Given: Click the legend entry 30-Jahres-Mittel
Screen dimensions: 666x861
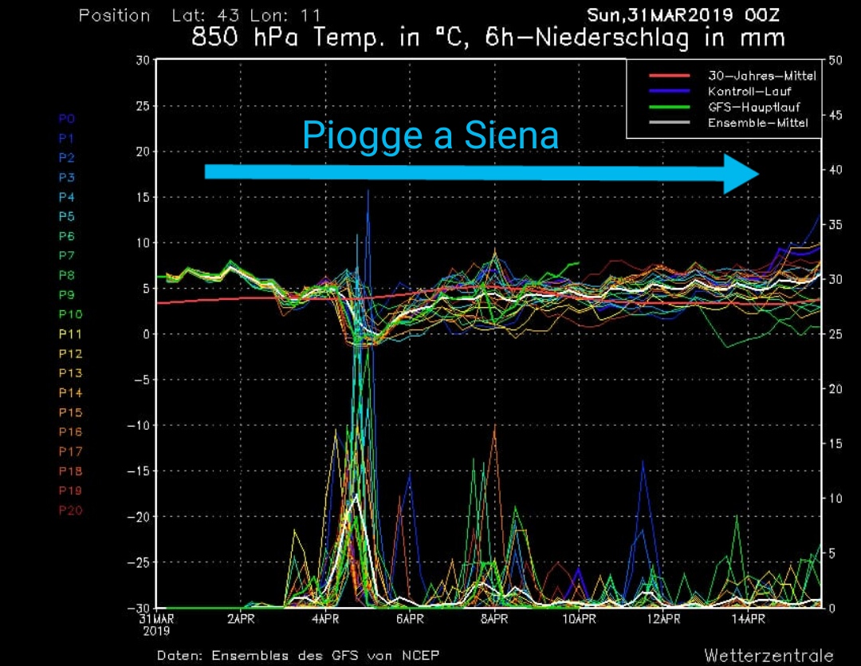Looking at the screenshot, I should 761,77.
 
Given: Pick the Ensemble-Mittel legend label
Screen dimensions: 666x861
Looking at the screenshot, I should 757,122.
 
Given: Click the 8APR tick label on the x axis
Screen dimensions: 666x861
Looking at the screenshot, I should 494,619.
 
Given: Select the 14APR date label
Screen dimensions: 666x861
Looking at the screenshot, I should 748,619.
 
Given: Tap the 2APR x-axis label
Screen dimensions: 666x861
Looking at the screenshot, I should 241,619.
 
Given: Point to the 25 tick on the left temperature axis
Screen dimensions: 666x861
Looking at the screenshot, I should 143,106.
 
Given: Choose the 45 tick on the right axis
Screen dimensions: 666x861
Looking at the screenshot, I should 835,116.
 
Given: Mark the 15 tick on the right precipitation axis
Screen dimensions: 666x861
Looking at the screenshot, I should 835,444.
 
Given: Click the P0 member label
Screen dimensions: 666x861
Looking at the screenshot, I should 67,119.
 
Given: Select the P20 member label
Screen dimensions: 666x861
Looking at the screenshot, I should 70,510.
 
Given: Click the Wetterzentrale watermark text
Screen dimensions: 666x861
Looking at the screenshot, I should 769,656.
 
